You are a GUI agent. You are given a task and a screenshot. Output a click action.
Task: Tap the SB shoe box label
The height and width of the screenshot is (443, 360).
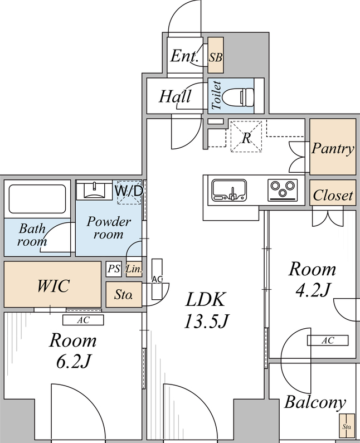[216, 57]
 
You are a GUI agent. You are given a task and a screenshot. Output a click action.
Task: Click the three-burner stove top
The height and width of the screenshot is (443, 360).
[283, 189]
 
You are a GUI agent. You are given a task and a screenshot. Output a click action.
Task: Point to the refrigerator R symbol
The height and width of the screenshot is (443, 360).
[246, 137]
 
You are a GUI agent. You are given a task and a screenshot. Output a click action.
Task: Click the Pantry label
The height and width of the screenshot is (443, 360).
[333, 149]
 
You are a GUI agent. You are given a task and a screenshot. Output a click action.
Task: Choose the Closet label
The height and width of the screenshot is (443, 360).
[333, 195]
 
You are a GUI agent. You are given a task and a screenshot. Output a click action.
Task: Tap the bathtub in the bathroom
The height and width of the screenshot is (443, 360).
[37, 198]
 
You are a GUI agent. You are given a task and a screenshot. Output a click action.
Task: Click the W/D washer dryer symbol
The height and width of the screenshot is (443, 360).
[129, 192]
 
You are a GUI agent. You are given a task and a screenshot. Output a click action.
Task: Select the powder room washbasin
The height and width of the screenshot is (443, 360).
[94, 190]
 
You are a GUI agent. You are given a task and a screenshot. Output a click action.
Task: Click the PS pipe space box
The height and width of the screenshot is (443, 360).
[114, 269]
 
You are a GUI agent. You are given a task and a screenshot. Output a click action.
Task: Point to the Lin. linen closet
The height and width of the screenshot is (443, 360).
[134, 269]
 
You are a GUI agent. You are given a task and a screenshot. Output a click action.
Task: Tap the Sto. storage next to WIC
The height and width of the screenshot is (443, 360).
[124, 294]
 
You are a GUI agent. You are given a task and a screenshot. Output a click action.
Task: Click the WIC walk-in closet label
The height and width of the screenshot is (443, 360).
[53, 285]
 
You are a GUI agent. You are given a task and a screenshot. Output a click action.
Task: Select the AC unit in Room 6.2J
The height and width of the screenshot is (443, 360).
[83, 320]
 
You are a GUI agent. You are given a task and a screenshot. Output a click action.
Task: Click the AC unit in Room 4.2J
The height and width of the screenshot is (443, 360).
[328, 340]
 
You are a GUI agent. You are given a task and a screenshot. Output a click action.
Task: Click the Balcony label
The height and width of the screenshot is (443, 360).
[315, 402]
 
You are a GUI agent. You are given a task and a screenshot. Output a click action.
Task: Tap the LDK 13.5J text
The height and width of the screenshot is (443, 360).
[206, 310]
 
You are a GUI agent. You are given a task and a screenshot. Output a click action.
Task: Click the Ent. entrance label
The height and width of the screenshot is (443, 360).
[184, 56]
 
